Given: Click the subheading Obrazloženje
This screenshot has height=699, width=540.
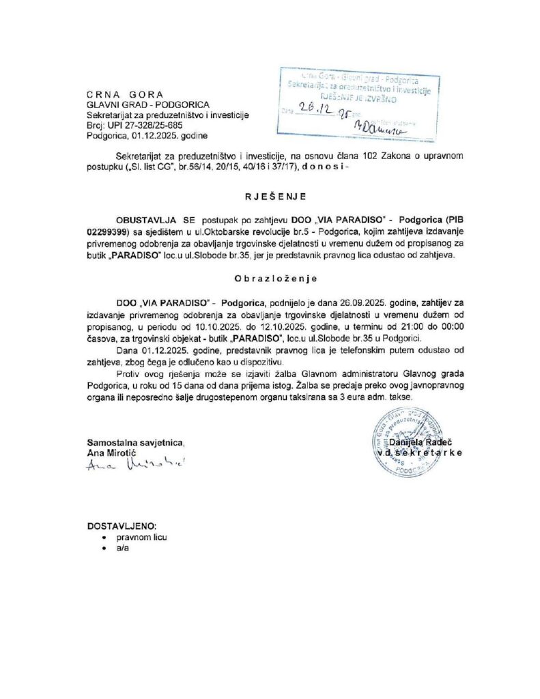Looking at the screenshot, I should pyautogui.click(x=270, y=279).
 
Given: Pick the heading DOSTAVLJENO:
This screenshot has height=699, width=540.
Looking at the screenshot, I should pyautogui.click(x=122, y=526).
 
